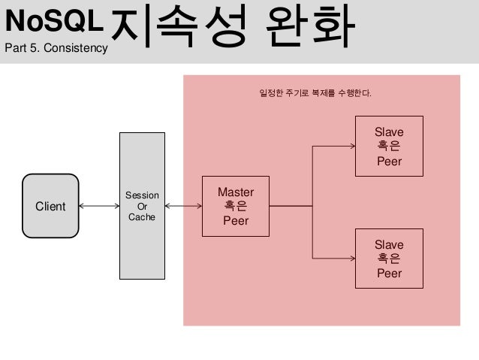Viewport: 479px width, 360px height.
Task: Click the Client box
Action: pos(50,206)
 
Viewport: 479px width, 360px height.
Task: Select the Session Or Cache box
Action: pos(142,205)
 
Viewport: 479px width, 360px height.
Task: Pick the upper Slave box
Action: pos(389,146)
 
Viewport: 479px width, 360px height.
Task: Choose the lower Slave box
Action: pos(389,259)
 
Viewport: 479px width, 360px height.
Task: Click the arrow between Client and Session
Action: pos(99,206)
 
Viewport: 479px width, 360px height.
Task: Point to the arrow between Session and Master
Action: pos(183,206)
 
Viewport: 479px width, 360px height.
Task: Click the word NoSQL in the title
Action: pos(52,22)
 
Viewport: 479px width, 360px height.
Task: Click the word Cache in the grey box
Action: pos(142,217)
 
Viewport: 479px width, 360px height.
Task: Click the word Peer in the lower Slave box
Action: pos(389,273)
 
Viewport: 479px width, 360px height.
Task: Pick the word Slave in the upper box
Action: pos(389,132)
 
